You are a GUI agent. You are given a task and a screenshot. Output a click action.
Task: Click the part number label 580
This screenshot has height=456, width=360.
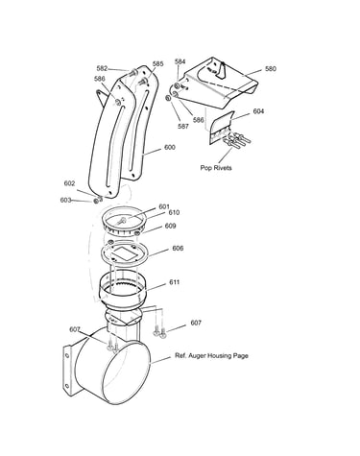271,69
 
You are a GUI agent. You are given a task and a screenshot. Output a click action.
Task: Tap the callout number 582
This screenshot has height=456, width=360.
102,68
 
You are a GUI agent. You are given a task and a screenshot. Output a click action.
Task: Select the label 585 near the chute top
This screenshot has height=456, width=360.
157,63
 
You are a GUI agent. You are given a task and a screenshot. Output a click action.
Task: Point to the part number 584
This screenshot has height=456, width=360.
180,61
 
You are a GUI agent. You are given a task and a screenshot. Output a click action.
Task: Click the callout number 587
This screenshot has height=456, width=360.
183,126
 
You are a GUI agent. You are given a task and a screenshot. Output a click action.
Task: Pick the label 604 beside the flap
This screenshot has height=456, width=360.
258,111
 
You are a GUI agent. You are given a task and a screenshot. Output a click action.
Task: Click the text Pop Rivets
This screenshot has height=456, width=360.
216,168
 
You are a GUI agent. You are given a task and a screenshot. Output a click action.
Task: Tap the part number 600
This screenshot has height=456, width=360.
170,147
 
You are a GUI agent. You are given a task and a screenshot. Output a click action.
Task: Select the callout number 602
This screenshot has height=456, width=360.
69,183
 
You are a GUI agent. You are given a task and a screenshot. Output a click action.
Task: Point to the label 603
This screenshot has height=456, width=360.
65,200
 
